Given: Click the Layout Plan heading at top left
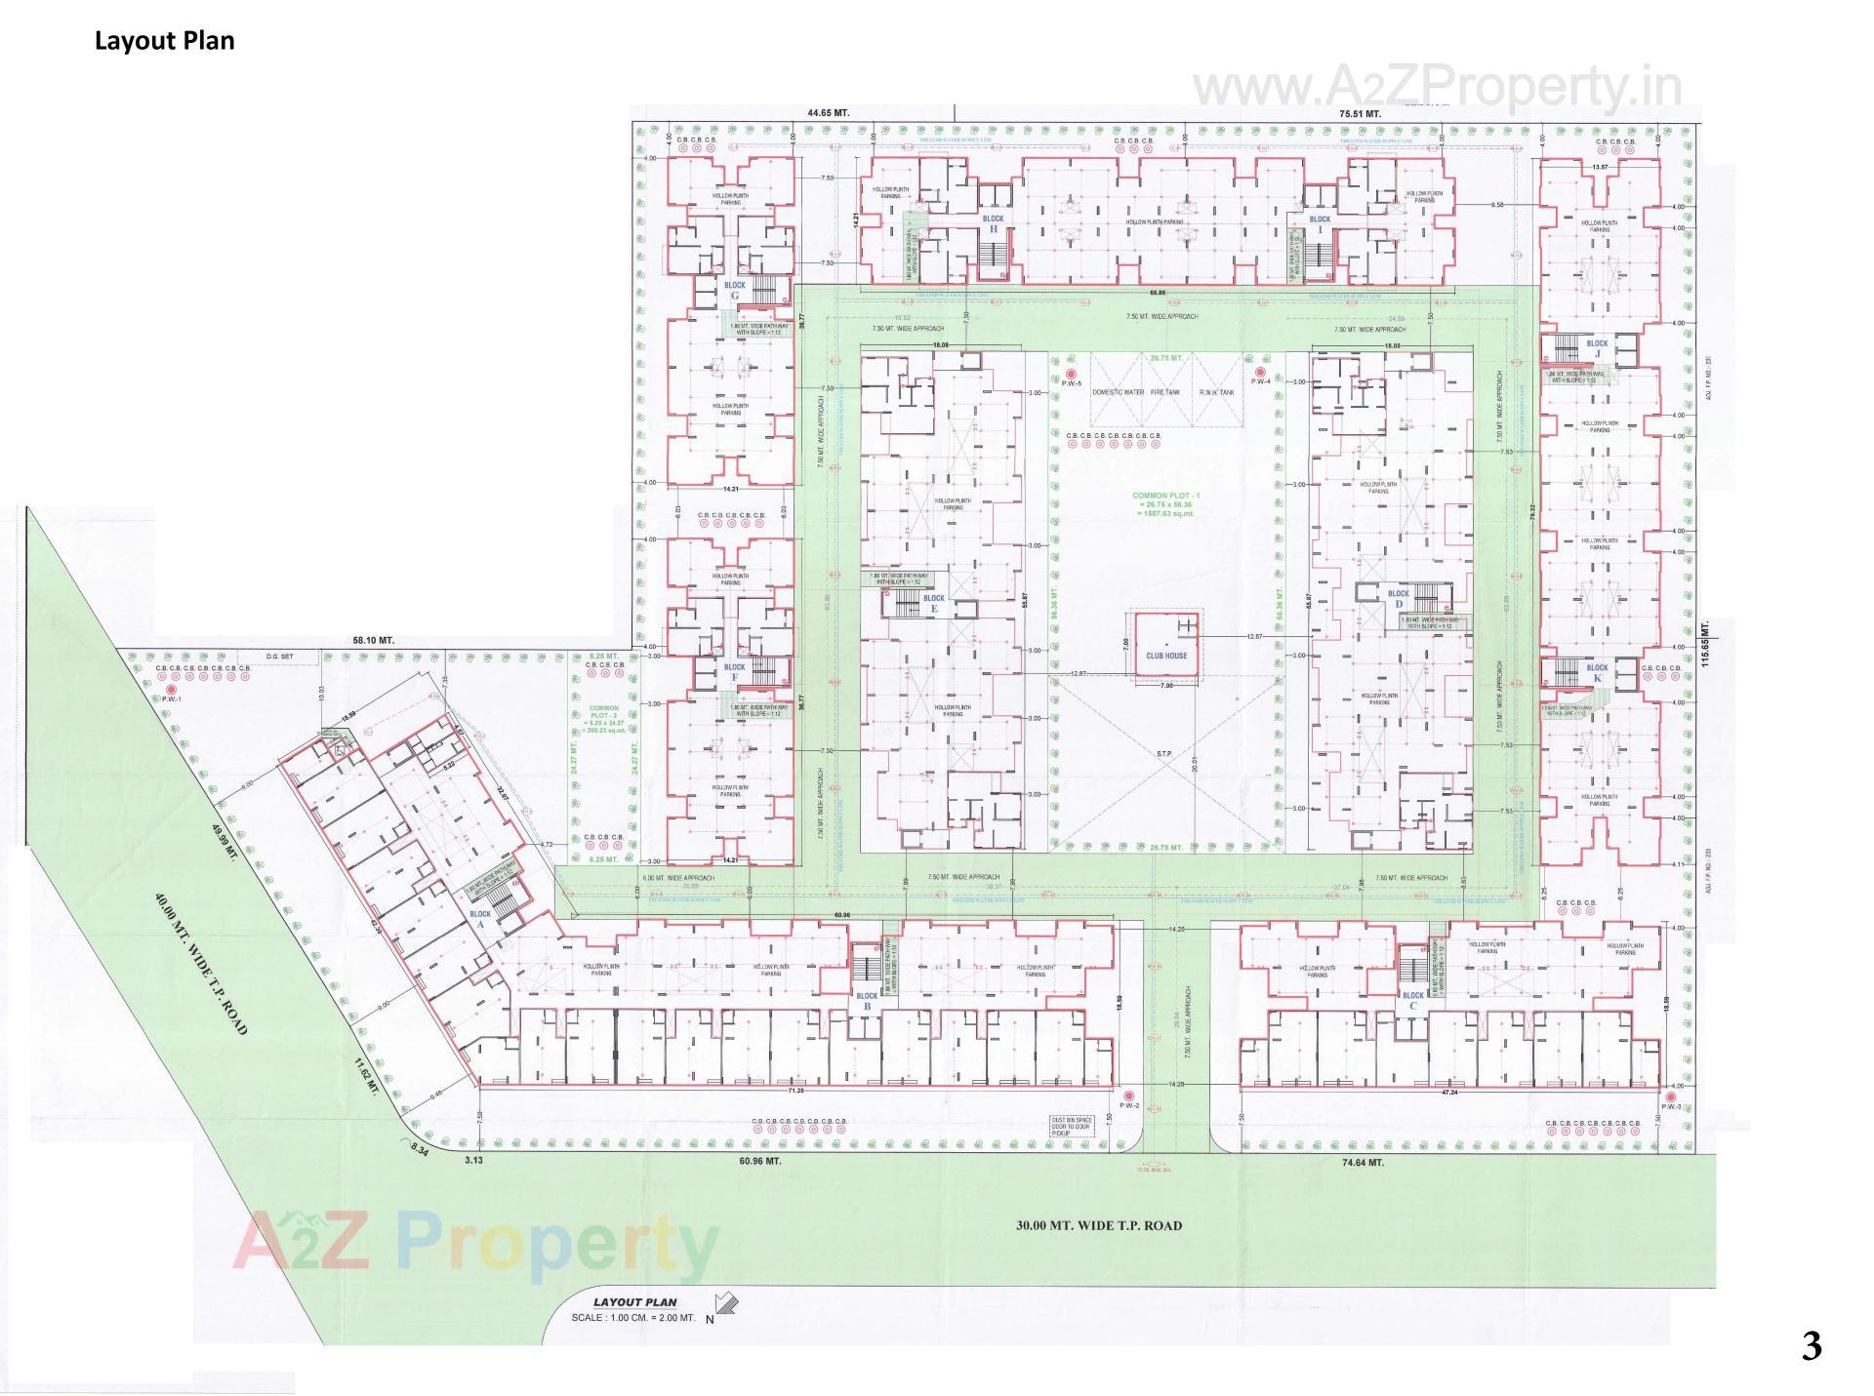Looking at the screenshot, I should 164,41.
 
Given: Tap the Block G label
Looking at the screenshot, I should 734,291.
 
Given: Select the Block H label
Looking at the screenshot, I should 993,223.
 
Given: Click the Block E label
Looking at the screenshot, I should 933,603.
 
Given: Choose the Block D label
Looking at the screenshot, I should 1398,598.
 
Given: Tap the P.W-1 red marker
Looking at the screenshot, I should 172,690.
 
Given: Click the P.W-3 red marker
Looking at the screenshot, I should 1672,1096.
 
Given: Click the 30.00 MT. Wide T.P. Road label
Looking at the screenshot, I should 1098,1225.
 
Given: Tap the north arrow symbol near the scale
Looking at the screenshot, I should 725,1303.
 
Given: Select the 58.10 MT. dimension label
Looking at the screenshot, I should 373,641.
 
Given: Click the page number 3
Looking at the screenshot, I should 1811,1347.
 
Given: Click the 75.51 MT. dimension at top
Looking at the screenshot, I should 1360,114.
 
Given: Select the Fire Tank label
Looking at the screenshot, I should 1165,392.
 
